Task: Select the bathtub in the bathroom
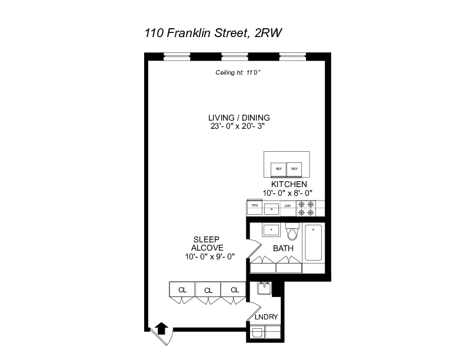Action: click(x=313, y=242)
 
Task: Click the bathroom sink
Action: click(x=271, y=230)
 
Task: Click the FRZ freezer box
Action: click(x=254, y=206)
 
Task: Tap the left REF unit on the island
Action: click(x=278, y=169)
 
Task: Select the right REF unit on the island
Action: click(x=294, y=169)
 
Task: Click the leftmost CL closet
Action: click(x=182, y=289)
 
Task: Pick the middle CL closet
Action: click(x=208, y=289)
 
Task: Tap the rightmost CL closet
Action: click(x=234, y=289)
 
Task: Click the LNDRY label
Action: click(x=266, y=317)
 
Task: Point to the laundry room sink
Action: click(x=264, y=288)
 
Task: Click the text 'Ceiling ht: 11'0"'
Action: click(x=237, y=74)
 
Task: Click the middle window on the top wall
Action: click(x=234, y=57)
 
